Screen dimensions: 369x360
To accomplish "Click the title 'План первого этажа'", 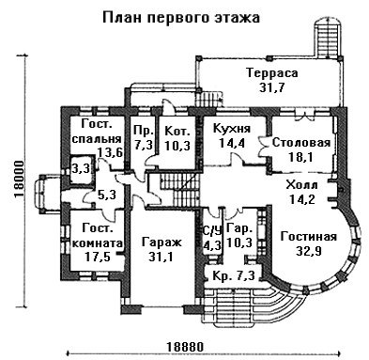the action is point(181,18).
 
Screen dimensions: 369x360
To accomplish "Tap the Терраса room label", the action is point(272,73).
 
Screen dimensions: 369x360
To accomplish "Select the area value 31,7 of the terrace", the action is point(272,87).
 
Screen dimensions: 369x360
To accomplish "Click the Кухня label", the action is point(232,128).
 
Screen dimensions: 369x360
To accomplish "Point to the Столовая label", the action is point(301,143).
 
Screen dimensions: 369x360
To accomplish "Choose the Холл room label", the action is point(301,185).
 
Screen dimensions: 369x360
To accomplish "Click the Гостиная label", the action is point(309,237).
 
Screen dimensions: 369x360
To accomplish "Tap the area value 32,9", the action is point(309,251).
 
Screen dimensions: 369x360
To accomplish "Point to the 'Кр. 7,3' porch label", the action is point(233,276).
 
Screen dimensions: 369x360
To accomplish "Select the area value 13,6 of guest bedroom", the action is point(110,152).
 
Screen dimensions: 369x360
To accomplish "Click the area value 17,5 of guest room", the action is point(98,257).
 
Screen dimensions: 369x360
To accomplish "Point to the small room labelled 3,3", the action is point(81,168).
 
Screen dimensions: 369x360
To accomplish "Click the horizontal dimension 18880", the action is point(185,347).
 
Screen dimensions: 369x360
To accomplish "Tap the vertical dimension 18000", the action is point(19,180).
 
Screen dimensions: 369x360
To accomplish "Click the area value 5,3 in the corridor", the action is point(107,196).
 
